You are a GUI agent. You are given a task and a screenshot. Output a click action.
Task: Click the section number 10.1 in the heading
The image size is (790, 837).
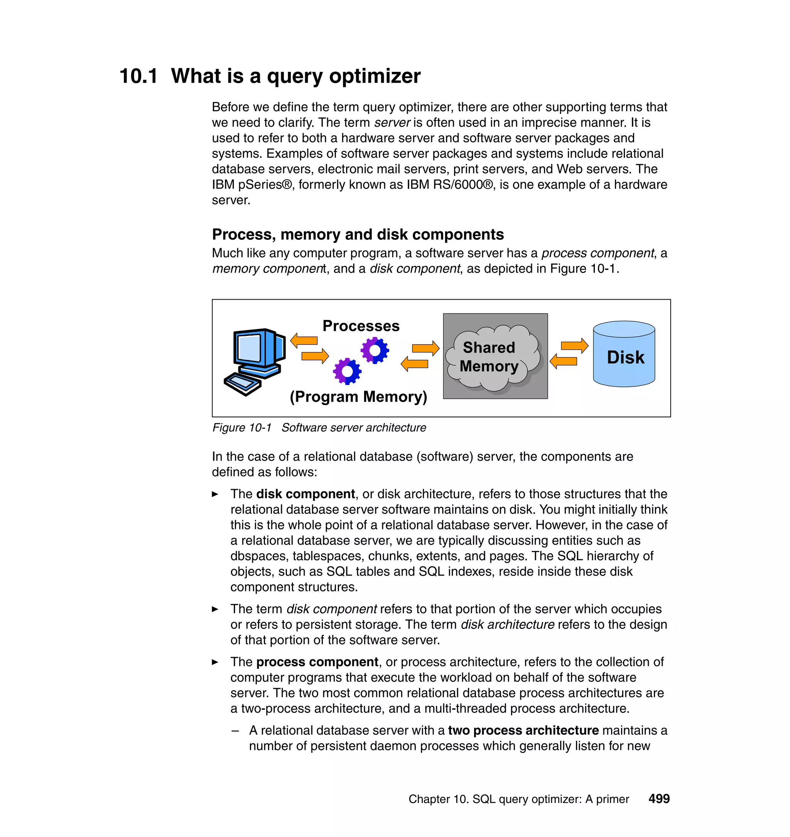[138, 76]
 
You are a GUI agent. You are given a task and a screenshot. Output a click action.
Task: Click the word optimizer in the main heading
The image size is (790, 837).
[375, 76]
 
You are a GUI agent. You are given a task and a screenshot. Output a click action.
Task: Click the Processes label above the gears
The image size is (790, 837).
[361, 326]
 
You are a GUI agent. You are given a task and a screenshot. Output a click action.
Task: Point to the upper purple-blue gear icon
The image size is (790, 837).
[375, 350]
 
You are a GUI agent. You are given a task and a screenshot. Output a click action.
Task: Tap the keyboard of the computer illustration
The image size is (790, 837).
[243, 383]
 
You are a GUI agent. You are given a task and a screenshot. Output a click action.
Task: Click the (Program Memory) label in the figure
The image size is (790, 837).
[358, 396]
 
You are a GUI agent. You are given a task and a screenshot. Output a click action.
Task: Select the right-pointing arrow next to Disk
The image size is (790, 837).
[574, 346]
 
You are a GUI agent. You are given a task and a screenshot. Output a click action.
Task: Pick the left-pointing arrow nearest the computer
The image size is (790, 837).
[304, 340]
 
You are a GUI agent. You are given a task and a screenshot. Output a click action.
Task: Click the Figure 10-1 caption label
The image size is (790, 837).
[242, 428]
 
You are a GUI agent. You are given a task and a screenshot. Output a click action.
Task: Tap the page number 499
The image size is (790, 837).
[658, 799]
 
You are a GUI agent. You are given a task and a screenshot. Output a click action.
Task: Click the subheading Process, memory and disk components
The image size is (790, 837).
[358, 234]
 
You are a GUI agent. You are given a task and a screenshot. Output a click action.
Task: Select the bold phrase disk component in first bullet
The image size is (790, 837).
[305, 494]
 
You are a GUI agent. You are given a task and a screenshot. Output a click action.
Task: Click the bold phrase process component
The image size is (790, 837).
[317, 662]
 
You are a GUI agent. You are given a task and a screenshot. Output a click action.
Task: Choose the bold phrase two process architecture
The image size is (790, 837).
[523, 730]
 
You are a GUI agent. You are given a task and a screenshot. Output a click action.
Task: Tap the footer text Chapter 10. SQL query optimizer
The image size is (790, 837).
[518, 799]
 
